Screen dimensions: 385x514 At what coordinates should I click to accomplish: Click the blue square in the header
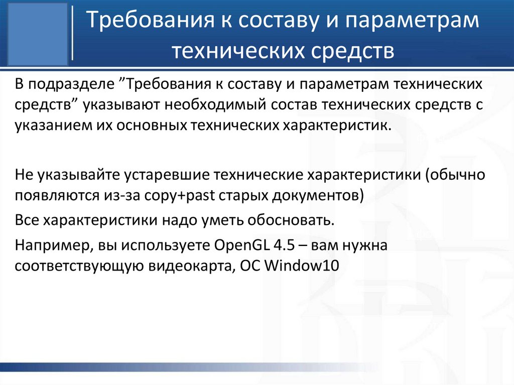[x=39, y=33]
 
